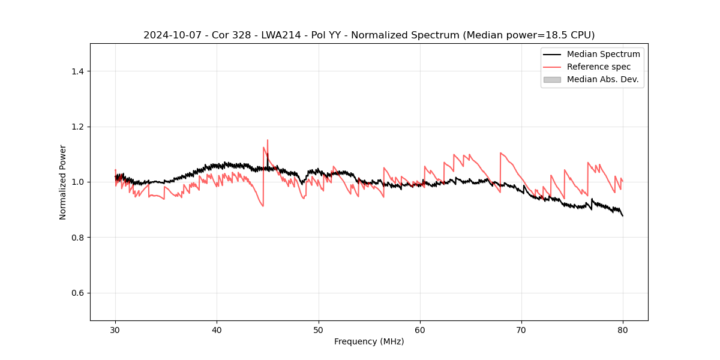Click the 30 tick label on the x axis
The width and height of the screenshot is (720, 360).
(115, 330)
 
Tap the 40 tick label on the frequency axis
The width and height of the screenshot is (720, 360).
(217, 330)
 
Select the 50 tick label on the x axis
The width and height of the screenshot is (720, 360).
(319, 330)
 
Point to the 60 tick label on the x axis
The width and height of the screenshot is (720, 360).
(420, 330)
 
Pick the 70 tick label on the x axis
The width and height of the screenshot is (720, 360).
(521, 330)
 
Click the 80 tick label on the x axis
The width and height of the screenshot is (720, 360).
(623, 330)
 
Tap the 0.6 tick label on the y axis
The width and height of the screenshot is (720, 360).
(77, 293)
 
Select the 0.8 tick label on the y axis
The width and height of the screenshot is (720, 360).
(77, 238)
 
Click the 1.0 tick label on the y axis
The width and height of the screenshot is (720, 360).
(77, 182)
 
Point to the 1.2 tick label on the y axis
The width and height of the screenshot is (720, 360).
(77, 127)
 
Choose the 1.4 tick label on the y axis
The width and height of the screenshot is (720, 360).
(77, 71)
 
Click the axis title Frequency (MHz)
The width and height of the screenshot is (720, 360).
(369, 342)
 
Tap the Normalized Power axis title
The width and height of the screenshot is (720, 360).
(63, 182)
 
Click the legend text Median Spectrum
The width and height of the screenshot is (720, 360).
(603, 54)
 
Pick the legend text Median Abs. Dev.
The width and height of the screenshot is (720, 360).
(603, 79)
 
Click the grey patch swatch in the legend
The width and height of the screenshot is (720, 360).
(552, 79)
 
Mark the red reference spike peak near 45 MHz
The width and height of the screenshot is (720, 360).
(268, 140)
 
